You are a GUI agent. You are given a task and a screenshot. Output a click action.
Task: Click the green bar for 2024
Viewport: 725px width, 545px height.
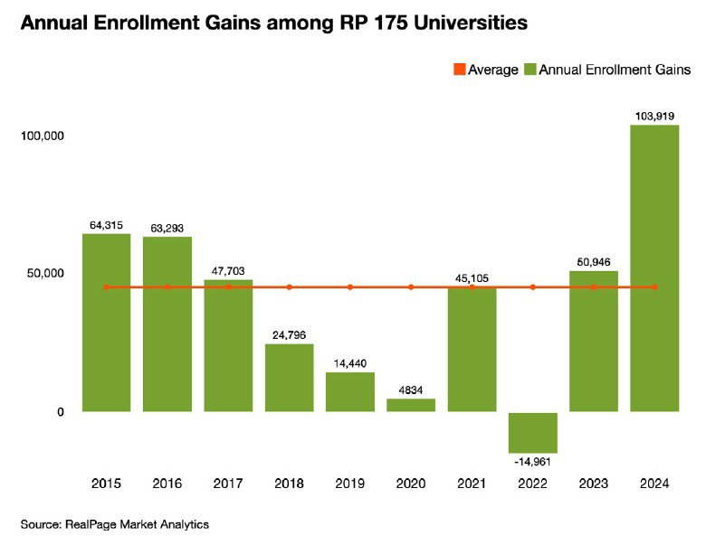pyautogui.click(x=654, y=268)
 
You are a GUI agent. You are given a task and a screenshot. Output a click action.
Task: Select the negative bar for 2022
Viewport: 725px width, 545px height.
pyautogui.click(x=533, y=432)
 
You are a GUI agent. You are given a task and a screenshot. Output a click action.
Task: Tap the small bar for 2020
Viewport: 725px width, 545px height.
pyautogui.click(x=411, y=405)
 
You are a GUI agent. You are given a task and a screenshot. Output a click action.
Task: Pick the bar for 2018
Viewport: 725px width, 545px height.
pyautogui.click(x=290, y=378)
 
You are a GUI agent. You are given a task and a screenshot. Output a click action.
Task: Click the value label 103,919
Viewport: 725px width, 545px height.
pyautogui.click(x=654, y=117)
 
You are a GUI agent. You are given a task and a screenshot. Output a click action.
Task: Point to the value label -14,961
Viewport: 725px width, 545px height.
pyautogui.click(x=533, y=461)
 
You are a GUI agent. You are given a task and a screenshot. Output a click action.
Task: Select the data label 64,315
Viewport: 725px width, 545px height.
pyautogui.click(x=107, y=225)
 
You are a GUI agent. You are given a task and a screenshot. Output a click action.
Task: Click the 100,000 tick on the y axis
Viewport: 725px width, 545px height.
pyautogui.click(x=42, y=136)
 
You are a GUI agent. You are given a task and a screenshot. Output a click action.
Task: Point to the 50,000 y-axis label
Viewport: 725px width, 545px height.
pyautogui.click(x=44, y=274)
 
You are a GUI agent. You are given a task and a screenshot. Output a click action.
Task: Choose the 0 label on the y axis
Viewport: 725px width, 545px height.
pyautogui.click(x=61, y=412)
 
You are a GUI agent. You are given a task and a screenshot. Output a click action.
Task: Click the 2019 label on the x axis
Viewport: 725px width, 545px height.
pyautogui.click(x=350, y=484)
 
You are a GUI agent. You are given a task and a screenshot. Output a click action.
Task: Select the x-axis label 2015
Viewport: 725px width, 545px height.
pyautogui.click(x=107, y=484)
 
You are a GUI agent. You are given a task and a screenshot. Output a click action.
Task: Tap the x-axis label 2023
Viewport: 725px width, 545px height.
pyautogui.click(x=594, y=484)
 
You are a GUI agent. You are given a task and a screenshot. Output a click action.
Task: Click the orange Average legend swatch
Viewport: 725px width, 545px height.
pyautogui.click(x=459, y=70)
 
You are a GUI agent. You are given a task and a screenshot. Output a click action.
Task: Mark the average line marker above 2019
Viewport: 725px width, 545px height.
pyautogui.click(x=350, y=287)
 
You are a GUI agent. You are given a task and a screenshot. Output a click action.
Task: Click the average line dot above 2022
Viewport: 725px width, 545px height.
pyautogui.click(x=533, y=287)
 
